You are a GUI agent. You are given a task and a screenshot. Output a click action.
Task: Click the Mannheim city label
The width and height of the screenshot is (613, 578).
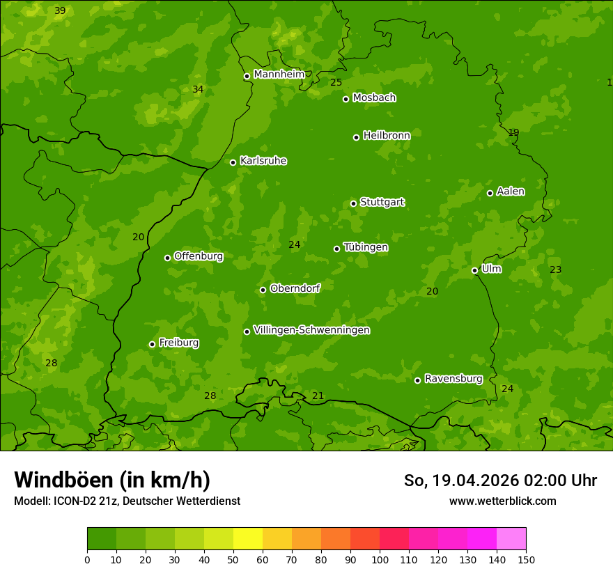click(279, 75)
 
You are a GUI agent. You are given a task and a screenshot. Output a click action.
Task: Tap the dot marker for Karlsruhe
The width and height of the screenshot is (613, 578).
click(233, 162)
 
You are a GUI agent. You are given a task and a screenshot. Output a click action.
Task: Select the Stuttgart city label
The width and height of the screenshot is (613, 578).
click(382, 203)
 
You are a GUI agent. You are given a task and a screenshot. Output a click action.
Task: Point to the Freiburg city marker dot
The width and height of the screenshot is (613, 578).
click(152, 344)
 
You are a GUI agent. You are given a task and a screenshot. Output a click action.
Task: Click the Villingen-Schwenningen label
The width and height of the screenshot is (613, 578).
click(311, 330)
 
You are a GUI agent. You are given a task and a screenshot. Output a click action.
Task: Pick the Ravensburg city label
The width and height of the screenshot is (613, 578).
click(453, 379)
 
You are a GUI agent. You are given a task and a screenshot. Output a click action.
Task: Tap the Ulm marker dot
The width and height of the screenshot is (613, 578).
click(475, 270)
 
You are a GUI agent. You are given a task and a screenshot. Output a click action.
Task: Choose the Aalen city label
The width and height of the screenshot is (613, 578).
click(510, 192)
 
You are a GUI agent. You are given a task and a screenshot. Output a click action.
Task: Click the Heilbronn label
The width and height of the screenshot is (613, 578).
click(386, 136)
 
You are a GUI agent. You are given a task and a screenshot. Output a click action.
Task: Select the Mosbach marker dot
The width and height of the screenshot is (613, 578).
click(346, 99)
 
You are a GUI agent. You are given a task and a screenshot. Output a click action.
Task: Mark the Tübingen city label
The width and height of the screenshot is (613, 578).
click(365, 247)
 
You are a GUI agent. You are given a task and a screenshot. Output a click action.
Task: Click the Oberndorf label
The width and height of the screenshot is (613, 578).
click(295, 288)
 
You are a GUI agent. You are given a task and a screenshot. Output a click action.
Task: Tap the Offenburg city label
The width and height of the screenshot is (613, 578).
click(198, 256)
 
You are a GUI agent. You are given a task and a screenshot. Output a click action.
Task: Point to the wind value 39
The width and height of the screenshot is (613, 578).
click(60, 10)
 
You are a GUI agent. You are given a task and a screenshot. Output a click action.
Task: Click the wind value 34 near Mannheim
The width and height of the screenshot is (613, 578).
click(198, 89)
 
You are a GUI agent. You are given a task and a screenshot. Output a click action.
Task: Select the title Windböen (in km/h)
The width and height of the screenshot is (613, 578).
click(112, 480)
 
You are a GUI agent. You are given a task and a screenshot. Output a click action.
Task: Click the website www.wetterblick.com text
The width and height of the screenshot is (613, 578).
click(502, 501)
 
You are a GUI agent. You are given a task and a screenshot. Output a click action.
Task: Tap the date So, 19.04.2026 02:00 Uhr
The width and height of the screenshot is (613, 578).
click(500, 481)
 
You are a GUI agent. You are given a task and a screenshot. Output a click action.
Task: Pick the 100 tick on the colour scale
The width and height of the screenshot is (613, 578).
click(380, 559)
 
